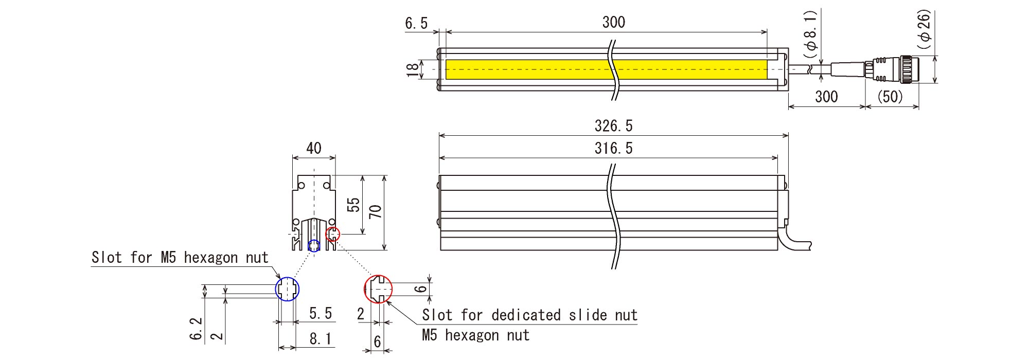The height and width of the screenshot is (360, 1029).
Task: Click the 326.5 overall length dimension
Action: click(613, 125)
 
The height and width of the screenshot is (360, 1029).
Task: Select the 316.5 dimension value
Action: click(613, 148)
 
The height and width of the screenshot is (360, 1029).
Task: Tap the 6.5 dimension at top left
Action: click(416, 23)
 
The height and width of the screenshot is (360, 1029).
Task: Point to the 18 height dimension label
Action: click(413, 69)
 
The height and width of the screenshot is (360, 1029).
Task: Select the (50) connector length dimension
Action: click(890, 96)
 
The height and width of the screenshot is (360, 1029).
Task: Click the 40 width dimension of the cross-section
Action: click(314, 148)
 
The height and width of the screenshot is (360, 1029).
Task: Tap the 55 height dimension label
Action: click(353, 205)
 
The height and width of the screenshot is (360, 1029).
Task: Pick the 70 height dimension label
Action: click(376, 211)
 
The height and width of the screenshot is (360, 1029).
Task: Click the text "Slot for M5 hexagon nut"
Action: click(180, 257)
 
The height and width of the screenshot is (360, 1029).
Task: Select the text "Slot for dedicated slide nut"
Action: click(529, 315)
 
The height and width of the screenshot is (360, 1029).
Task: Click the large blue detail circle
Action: click(287, 289)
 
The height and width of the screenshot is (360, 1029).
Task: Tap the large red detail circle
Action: click(378, 289)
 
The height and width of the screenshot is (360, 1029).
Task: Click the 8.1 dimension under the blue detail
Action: click(320, 339)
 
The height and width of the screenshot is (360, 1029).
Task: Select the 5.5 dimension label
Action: click(320, 313)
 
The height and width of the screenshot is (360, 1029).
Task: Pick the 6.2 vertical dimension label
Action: click(196, 328)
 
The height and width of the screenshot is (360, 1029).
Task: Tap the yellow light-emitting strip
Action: click(530, 69)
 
